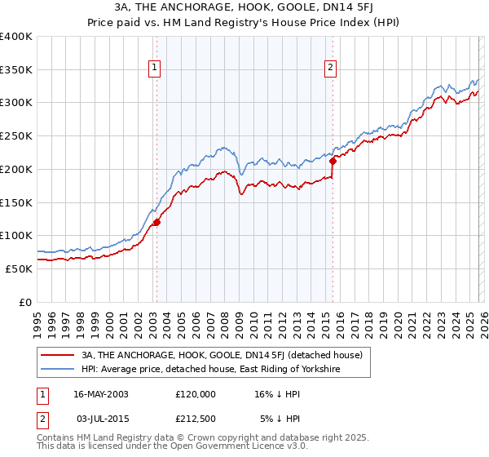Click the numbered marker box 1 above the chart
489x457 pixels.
[x=155, y=69]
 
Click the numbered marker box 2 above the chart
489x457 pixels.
[x=331, y=69]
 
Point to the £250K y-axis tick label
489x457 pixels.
[x=16, y=136]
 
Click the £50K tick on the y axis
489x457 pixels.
[x=19, y=268]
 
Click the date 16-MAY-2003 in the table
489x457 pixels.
[x=100, y=393]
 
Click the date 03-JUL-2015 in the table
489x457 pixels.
[x=99, y=419]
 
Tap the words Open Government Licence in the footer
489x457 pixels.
[x=217, y=448]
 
